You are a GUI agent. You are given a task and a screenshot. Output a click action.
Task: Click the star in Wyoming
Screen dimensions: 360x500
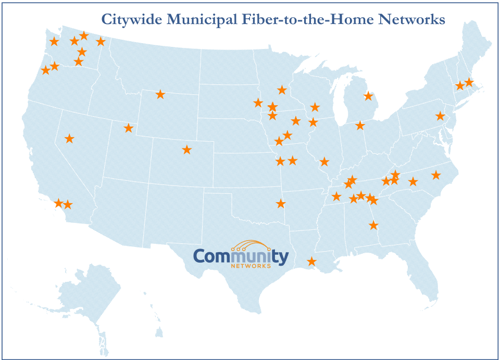click(160, 94)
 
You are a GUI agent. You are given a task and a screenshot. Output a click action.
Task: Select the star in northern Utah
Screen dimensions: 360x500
click(129, 128)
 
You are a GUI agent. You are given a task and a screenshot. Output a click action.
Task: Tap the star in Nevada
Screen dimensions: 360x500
click(69, 139)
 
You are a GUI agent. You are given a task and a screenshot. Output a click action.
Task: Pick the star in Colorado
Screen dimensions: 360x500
click(187, 150)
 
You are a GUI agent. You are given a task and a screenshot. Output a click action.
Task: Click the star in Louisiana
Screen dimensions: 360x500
click(311, 261)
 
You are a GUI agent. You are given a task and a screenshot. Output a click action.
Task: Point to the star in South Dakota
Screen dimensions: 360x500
click(257, 103)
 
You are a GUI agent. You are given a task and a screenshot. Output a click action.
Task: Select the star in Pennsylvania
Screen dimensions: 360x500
click(440, 116)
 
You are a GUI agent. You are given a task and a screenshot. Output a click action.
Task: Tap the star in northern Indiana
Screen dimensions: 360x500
click(360, 126)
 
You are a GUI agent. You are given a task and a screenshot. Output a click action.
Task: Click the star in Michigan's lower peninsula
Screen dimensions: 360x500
click(368, 96)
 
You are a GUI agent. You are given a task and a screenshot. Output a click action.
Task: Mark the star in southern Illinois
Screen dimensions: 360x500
click(324, 162)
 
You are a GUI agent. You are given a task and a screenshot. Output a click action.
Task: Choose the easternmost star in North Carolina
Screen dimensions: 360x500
click(436, 175)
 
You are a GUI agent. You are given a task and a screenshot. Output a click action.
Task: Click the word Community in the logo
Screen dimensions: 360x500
click(241, 257)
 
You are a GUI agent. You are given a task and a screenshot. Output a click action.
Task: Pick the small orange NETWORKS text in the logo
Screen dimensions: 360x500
click(251, 266)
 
